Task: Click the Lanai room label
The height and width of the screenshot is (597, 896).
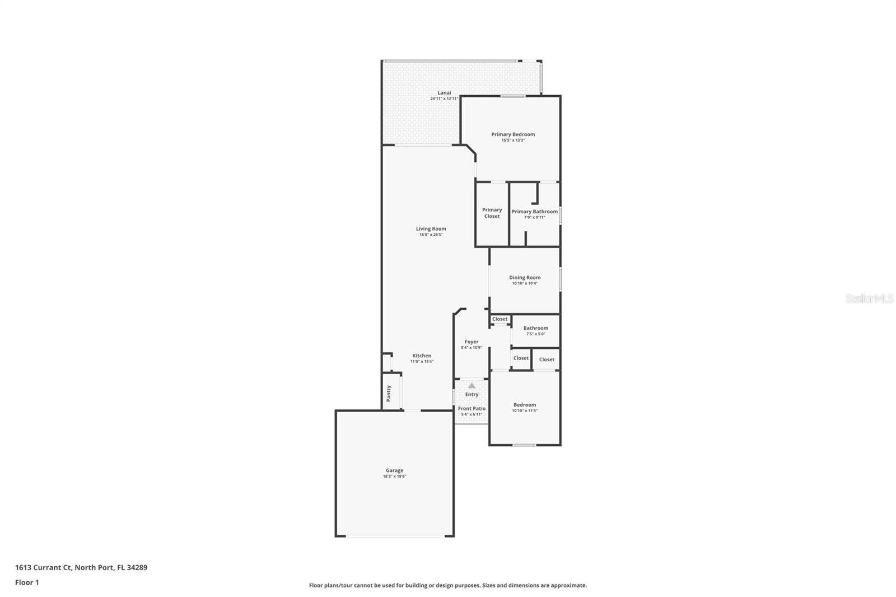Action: coord(444,92)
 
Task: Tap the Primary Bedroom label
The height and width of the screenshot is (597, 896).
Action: coord(513,134)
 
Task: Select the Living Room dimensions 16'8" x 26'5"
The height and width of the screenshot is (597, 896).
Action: coord(431,235)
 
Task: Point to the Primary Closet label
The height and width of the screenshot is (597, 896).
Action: coord(492,213)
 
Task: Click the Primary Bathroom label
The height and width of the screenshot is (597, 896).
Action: coord(535,211)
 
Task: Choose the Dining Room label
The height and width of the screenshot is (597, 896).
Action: coord(525,277)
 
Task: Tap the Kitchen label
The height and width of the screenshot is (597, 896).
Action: coord(422,356)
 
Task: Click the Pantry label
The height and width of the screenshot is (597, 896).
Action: coord(389,393)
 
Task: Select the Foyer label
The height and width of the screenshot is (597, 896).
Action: coord(472,342)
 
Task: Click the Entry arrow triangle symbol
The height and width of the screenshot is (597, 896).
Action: coord(472,385)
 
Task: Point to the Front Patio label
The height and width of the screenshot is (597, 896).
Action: coord(472,408)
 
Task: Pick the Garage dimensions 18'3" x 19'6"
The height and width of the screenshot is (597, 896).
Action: coord(394,476)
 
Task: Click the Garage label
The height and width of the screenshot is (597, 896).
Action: coord(394,470)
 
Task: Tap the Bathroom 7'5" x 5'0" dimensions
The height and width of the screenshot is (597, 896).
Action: coord(535,334)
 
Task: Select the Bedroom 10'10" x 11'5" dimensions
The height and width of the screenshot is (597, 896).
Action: coord(525,411)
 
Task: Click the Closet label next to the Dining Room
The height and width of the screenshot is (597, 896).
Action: coord(500,319)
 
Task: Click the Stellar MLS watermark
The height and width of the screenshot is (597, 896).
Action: coord(870,298)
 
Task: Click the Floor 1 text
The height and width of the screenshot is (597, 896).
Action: coord(27,582)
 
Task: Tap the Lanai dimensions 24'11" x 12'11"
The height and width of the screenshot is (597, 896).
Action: coord(444,99)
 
